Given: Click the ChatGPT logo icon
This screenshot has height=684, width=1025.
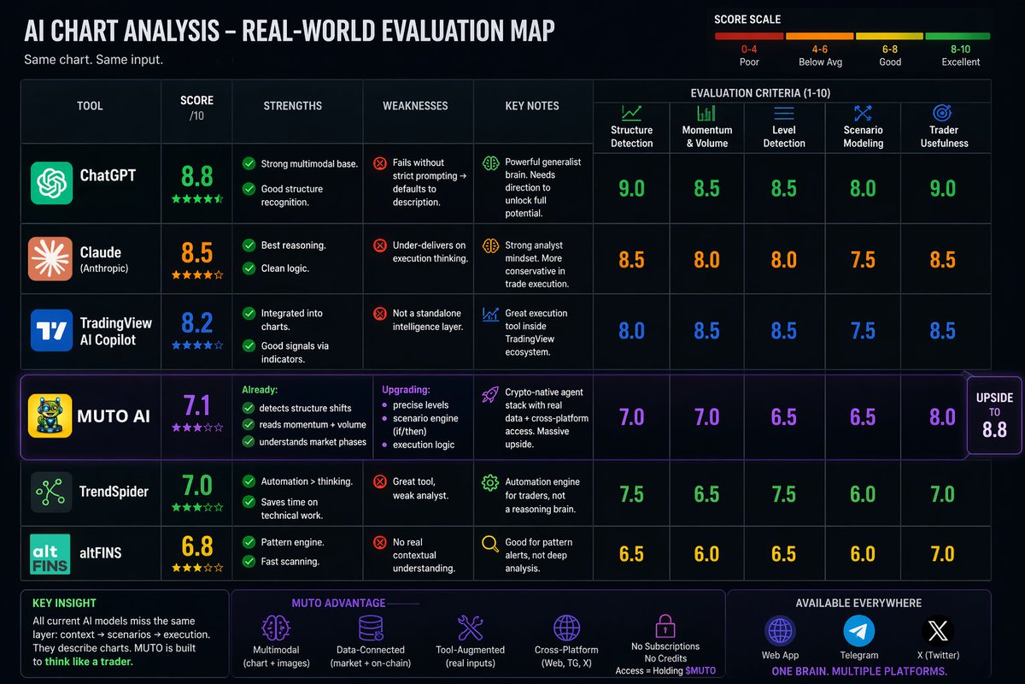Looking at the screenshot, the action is pyautogui.click(x=52, y=183).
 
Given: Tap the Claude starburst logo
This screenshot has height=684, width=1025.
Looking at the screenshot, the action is pyautogui.click(x=50, y=258).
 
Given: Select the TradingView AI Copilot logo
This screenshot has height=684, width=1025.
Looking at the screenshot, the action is pyautogui.click(x=52, y=330).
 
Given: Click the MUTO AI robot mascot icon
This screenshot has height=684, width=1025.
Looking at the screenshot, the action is pyautogui.click(x=50, y=416).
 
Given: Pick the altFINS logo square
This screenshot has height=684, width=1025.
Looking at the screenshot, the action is pyautogui.click(x=50, y=554).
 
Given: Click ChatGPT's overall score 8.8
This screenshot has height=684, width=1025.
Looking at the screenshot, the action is pyautogui.click(x=197, y=176).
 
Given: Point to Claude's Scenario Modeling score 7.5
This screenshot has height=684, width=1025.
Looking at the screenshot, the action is pyautogui.click(x=863, y=260).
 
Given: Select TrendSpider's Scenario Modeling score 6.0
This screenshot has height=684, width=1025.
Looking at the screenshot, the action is pyautogui.click(x=863, y=494).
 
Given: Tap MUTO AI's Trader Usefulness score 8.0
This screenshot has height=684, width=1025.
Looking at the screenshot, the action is pyautogui.click(x=943, y=417).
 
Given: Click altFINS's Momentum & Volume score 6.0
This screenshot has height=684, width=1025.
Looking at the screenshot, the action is pyautogui.click(x=707, y=554).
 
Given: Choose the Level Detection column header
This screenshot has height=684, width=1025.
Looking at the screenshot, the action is pyautogui.click(x=784, y=137).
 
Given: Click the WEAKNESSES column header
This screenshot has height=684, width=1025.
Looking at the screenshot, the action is pyautogui.click(x=415, y=106).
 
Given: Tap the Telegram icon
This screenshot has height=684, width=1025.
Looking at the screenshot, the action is pyautogui.click(x=859, y=631).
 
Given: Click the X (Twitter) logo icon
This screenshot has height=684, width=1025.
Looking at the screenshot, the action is pyautogui.click(x=938, y=631).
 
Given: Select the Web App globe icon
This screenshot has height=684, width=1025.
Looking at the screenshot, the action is pyautogui.click(x=780, y=631).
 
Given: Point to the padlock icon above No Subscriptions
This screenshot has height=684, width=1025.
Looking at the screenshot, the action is pyautogui.click(x=665, y=626).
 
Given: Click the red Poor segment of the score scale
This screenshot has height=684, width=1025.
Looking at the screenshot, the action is pyautogui.click(x=749, y=36).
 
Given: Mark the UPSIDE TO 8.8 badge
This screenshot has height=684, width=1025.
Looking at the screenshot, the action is pyautogui.click(x=994, y=415).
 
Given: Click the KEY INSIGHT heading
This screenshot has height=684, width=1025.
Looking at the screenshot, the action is pyautogui.click(x=64, y=603).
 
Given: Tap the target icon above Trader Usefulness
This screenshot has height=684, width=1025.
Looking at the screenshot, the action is pyautogui.click(x=942, y=112).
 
